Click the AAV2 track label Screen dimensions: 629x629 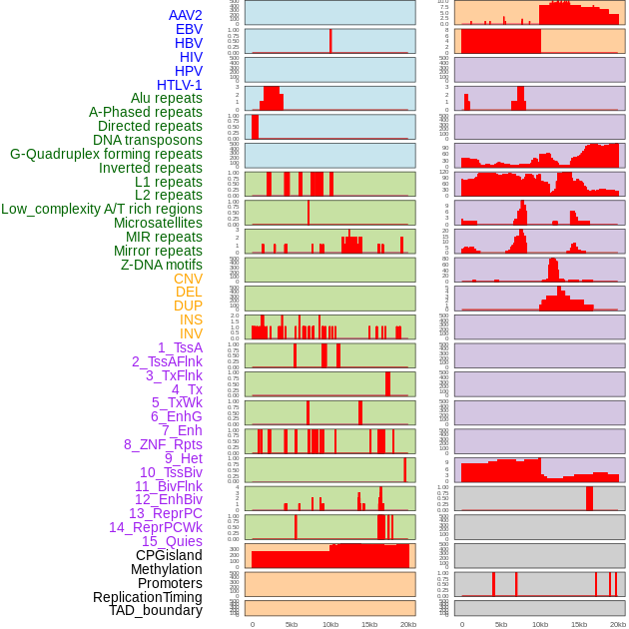(x=186, y=15)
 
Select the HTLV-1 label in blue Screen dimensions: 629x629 (x=180, y=85)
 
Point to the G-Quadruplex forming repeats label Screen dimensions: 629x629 (x=106, y=154)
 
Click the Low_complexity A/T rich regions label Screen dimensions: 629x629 (x=102, y=209)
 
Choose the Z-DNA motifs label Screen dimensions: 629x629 (x=162, y=265)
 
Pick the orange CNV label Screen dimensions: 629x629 (x=188, y=279)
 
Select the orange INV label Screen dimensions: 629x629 (x=191, y=333)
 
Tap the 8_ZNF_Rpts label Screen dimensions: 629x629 (x=163, y=444)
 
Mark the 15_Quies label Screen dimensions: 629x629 (x=172, y=541)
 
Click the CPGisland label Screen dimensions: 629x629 (x=169, y=555)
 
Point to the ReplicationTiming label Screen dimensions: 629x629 (x=148, y=597)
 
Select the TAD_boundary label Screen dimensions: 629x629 (x=156, y=610)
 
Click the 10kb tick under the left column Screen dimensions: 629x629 (x=330, y=624)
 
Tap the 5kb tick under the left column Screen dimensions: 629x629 (x=292, y=624)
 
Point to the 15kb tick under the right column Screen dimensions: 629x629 (x=579, y=624)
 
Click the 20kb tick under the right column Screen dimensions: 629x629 (x=618, y=624)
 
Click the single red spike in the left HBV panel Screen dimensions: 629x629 (x=330, y=41)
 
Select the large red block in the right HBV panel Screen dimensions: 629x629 (x=500, y=42)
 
